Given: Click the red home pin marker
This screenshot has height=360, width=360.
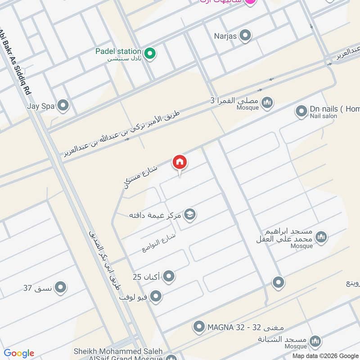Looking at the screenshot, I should point(180,162).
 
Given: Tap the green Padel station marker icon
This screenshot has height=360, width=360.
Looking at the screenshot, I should point(152,54).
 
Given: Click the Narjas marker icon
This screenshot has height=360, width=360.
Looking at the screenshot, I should point(245,35).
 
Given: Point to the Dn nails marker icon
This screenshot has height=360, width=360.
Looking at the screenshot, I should point(301,111).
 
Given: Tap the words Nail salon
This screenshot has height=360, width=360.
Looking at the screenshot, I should point(323,116).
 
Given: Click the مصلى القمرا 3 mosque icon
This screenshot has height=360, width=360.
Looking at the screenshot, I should point(268,103).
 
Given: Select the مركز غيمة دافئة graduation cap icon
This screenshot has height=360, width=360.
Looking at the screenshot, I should point(190,215).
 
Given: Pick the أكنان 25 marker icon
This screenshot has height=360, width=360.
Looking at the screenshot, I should point(169,276).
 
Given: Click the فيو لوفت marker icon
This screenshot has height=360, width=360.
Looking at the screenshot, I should point(156,297).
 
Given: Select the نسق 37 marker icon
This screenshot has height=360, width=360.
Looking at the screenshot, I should point(60,287).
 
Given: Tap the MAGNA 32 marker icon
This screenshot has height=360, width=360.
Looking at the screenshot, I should point(199,327).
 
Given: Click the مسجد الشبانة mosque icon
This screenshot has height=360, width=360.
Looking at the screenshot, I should point(316,341).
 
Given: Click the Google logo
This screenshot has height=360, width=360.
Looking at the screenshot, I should point(19,353).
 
